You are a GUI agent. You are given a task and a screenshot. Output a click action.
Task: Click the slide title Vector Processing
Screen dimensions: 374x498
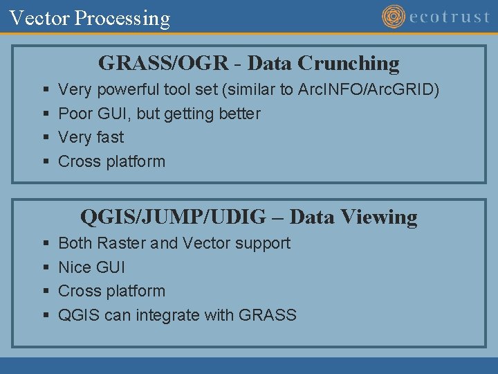point(90,18)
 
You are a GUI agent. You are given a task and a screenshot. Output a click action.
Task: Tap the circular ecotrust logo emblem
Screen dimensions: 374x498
point(394,17)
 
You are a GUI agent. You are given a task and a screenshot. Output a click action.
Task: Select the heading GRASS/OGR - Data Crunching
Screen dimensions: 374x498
point(249,63)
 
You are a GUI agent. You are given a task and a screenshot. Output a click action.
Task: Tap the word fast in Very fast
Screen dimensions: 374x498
point(109,137)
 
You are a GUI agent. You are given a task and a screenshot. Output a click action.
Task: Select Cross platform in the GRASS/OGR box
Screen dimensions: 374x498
point(111,161)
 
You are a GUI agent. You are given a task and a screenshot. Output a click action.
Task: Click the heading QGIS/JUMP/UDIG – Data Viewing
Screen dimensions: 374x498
point(249,217)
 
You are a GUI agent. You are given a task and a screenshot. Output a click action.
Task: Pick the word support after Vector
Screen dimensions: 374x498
point(262,243)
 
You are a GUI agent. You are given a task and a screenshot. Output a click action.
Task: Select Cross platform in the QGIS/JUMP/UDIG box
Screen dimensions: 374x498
point(111,291)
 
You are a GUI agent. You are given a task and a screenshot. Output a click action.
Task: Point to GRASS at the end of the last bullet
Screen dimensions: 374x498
point(267,315)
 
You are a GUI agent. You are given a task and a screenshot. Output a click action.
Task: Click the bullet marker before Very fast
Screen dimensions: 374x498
point(45,138)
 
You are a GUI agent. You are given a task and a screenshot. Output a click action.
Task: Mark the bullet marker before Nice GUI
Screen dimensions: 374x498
point(45,268)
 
